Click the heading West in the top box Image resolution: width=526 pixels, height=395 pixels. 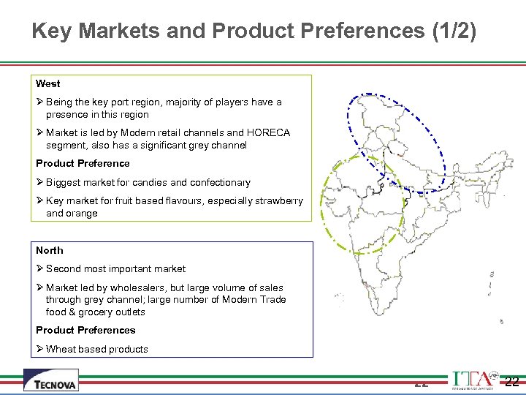(x=48, y=84)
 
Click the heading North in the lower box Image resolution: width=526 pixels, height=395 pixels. (x=50, y=251)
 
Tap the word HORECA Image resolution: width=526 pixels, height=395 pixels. (x=269, y=133)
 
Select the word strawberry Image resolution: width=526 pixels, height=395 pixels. (x=279, y=201)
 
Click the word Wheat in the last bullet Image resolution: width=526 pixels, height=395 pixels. (x=61, y=350)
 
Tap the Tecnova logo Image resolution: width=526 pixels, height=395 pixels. (x=50, y=380)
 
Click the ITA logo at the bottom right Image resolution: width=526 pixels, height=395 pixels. (x=472, y=380)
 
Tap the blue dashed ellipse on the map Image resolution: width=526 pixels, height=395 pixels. (x=394, y=142)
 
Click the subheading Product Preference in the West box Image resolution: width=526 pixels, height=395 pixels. (x=83, y=164)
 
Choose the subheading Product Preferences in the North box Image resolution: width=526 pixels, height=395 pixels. (x=85, y=331)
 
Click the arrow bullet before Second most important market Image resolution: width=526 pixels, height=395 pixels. (x=40, y=269)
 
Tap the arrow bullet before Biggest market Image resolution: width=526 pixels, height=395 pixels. (x=40, y=183)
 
